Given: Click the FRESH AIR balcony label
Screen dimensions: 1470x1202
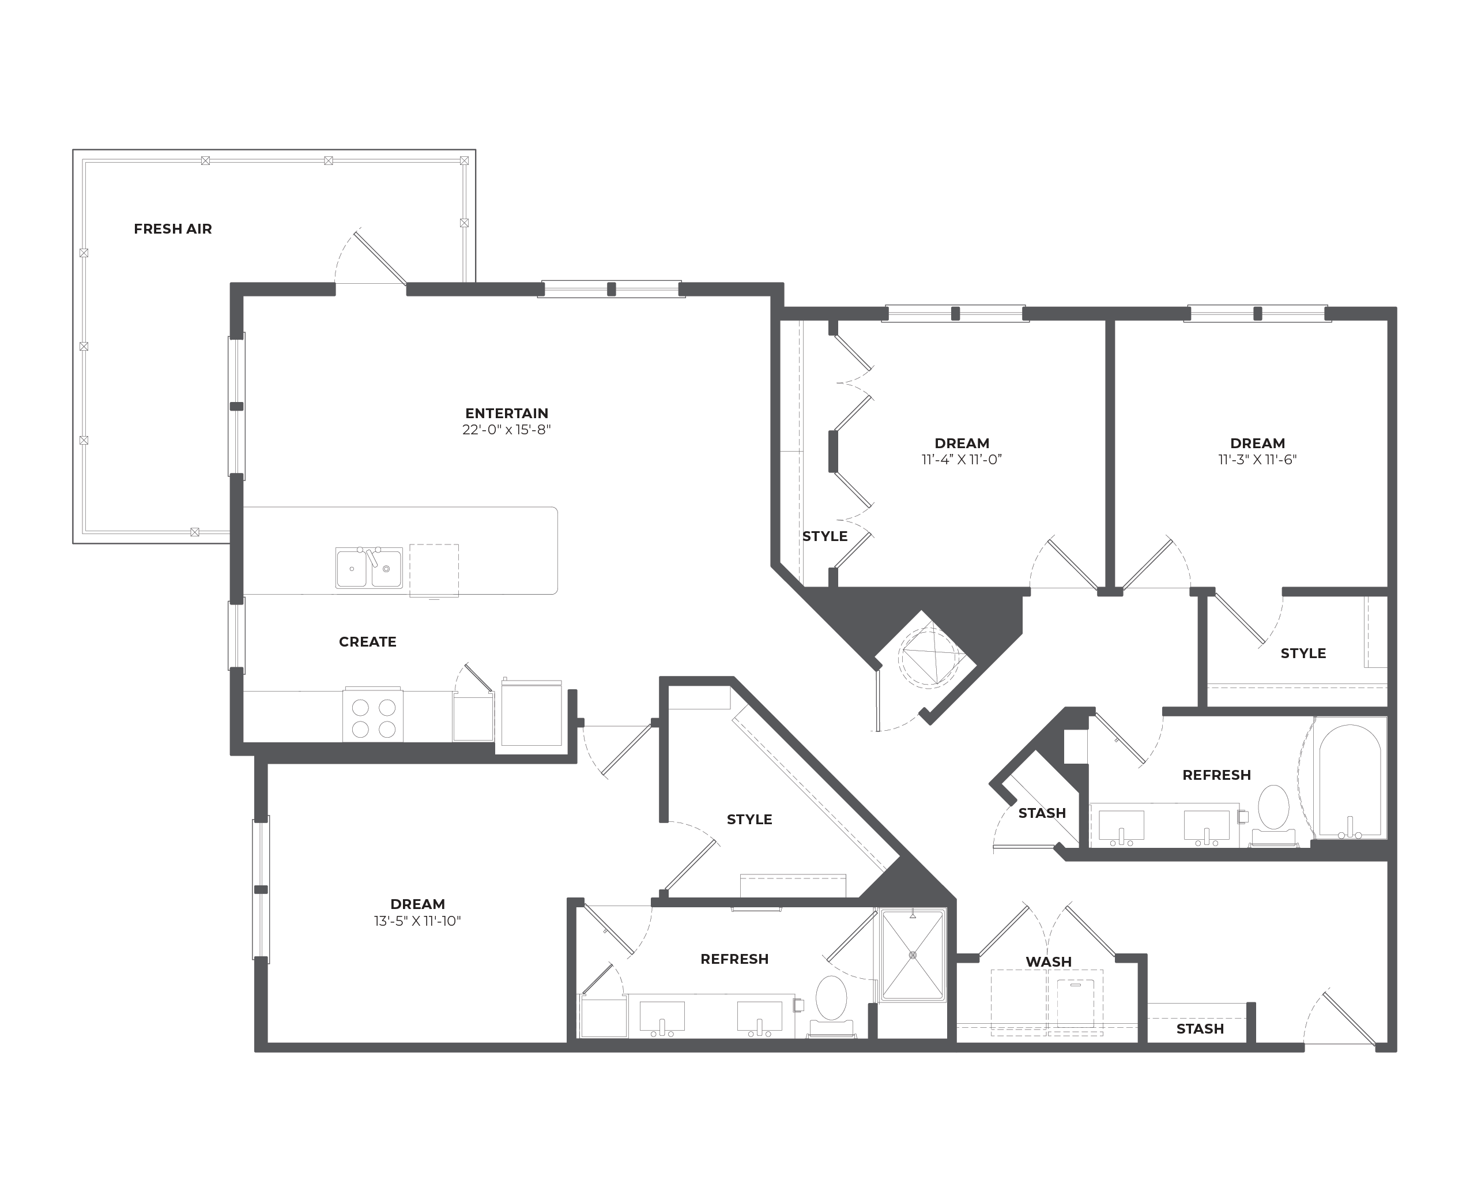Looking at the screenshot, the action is tap(173, 228).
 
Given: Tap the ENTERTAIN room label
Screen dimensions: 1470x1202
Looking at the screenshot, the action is tap(507, 414).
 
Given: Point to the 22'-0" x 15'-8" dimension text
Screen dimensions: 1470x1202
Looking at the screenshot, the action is tap(507, 430).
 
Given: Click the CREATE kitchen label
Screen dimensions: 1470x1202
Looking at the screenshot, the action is tap(368, 642).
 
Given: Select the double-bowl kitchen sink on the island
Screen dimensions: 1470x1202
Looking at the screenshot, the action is tap(369, 568).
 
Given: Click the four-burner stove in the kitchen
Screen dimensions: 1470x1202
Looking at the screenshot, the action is tap(373, 715).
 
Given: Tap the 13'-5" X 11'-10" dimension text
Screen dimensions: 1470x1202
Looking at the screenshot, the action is tap(417, 921).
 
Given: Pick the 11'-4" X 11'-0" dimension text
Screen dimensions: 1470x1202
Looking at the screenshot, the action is tap(962, 460).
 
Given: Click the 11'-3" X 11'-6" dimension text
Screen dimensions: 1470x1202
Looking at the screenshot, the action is tap(1257, 460).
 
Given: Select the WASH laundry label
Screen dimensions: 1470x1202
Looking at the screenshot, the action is tap(1049, 961).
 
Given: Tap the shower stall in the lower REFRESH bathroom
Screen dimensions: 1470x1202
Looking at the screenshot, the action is tap(913, 955).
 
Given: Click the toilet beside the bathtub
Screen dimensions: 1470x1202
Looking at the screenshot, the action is tap(1273, 815).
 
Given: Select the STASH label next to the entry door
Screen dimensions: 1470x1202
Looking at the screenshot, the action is tap(1200, 1029).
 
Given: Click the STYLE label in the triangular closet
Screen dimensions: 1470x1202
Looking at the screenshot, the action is tap(749, 820).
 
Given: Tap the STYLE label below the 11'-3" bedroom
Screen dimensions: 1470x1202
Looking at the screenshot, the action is tap(1303, 653).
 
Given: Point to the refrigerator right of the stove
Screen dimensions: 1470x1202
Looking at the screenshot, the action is tap(532, 713).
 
